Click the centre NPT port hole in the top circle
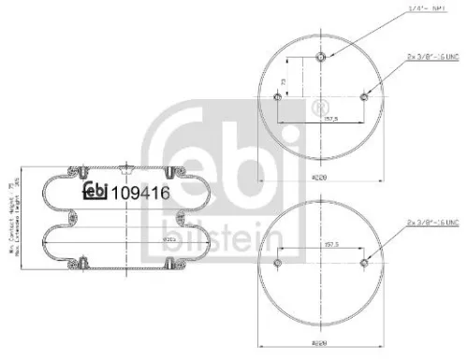tap(321, 57)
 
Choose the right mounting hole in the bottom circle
tap(362, 263)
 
